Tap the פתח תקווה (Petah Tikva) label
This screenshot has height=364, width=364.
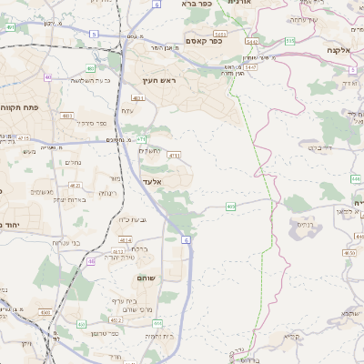point(18,106)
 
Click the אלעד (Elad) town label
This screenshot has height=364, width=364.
point(152,181)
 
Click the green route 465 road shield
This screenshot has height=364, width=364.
point(231,207)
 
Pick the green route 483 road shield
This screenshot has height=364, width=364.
point(90,67)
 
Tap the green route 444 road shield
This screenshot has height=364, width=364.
point(157,322)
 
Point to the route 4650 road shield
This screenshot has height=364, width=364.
point(349,252)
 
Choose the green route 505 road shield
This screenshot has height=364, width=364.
point(289,41)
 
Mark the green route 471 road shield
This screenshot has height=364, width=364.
point(142,139)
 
